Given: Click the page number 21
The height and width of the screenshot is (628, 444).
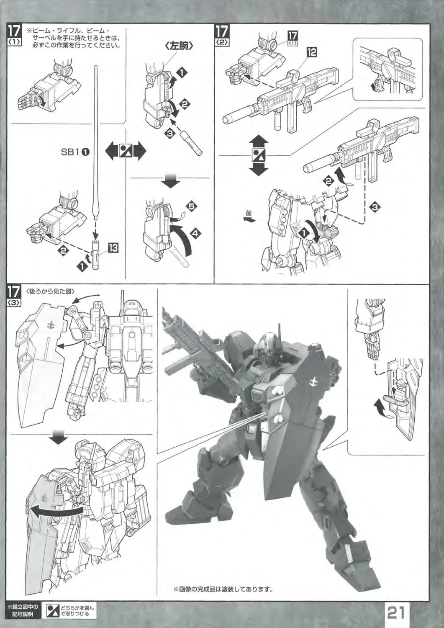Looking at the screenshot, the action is (396, 613).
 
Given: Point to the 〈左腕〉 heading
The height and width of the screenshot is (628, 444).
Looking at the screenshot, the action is (179, 47).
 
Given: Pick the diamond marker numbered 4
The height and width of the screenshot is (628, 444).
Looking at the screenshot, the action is (195, 233).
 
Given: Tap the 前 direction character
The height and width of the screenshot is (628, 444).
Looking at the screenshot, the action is (249, 213).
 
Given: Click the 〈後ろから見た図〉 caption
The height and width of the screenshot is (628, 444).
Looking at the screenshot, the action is (51, 291).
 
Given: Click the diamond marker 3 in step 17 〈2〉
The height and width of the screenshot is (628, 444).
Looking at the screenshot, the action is (375, 207).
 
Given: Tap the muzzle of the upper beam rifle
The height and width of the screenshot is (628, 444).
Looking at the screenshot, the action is (226, 119).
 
